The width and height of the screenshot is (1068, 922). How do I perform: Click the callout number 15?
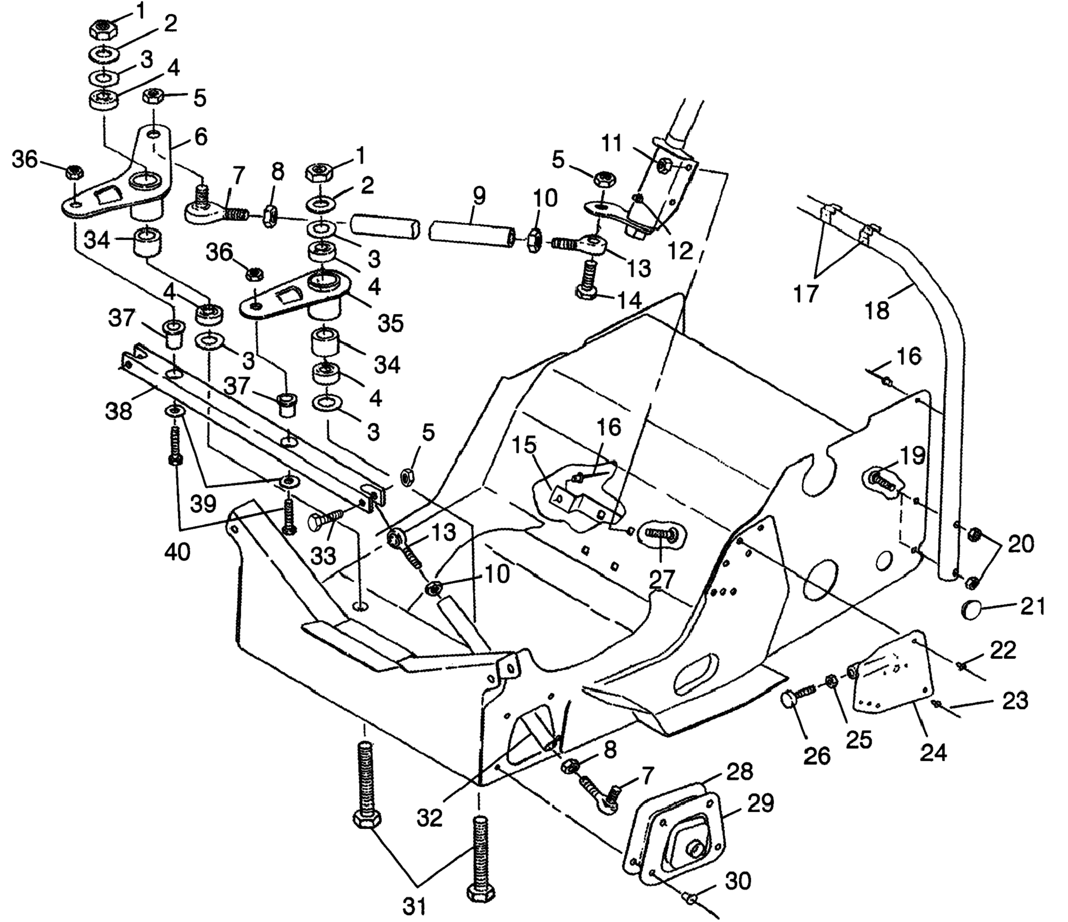pyautogui.click(x=524, y=445)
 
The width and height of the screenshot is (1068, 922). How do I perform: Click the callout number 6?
pyautogui.click(x=201, y=137)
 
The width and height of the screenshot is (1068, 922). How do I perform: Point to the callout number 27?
pyautogui.click(x=662, y=580)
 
